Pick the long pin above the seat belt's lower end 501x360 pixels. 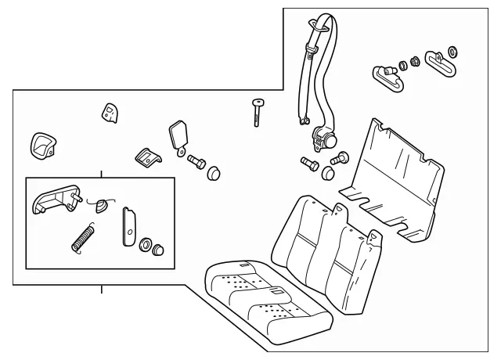pyautogui.click(x=256, y=110)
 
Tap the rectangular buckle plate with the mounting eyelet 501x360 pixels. pyautogui.click(x=179, y=133)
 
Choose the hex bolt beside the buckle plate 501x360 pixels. pyautogui.click(x=196, y=162)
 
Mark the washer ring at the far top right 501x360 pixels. pyautogui.click(x=452, y=53)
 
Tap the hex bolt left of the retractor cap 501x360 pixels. pyautogui.click(x=308, y=164)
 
